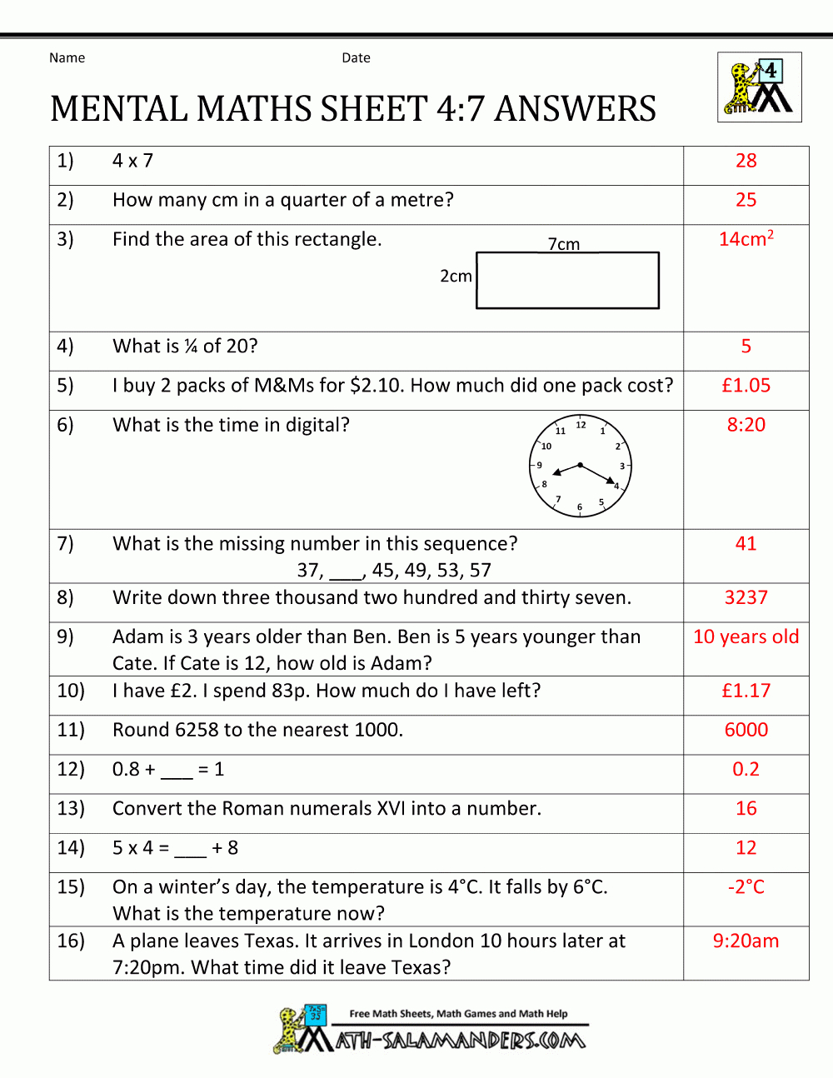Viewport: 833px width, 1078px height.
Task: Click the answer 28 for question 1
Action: click(x=746, y=161)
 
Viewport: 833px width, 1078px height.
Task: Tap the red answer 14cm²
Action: click(x=746, y=239)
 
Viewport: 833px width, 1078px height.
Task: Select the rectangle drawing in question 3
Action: click(x=567, y=281)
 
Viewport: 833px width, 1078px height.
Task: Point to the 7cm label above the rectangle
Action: click(x=564, y=244)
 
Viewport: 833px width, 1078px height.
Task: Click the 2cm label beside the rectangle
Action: click(x=456, y=277)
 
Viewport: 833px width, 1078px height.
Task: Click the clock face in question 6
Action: click(x=581, y=466)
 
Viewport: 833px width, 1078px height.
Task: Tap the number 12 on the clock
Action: click(x=581, y=426)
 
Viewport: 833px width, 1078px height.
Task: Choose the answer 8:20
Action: click(x=746, y=425)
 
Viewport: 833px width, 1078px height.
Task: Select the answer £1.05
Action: click(x=746, y=386)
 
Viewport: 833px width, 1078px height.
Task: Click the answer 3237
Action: click(x=746, y=597)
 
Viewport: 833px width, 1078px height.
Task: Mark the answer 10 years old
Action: click(x=746, y=637)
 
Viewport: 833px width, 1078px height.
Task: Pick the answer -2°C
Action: click(x=746, y=887)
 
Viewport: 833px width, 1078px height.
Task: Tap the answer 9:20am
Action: click(x=746, y=941)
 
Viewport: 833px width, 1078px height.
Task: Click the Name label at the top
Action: click(x=67, y=58)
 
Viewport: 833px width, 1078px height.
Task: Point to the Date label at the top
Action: click(x=356, y=58)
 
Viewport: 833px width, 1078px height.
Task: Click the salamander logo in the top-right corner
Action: click(x=759, y=87)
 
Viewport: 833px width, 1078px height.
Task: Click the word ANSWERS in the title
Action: click(x=575, y=109)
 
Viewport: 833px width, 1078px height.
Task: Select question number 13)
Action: click(x=71, y=809)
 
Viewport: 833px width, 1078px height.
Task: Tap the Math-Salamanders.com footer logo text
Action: click(x=461, y=1040)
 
